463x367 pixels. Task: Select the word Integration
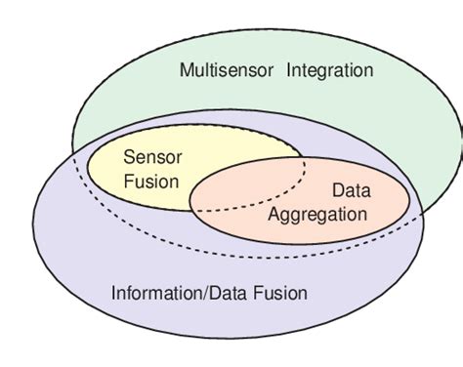tap(330, 70)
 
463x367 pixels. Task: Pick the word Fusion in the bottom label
tap(282, 293)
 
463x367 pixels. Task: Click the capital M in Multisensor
tap(188, 70)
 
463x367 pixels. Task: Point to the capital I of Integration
tap(290, 70)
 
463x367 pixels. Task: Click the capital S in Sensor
tap(129, 155)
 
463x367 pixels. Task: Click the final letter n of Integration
tap(369, 70)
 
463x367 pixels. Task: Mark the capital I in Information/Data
tap(115, 293)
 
